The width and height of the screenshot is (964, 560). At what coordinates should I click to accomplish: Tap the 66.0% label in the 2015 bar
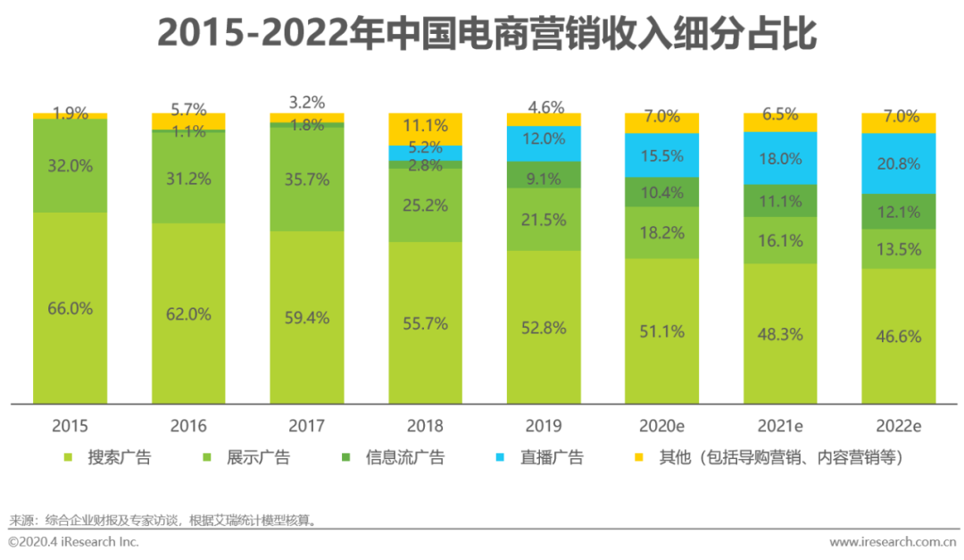click(x=71, y=308)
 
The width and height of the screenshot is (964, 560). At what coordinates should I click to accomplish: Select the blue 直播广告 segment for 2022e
click(x=899, y=163)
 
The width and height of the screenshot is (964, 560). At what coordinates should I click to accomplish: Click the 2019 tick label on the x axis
click(x=544, y=426)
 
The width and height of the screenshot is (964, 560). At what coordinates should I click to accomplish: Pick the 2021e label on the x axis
click(x=780, y=426)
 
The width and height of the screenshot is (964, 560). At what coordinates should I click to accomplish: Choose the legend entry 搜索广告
click(x=119, y=458)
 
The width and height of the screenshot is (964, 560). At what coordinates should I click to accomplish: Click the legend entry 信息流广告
click(x=404, y=458)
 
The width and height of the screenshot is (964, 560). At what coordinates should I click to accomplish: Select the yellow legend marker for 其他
click(x=637, y=458)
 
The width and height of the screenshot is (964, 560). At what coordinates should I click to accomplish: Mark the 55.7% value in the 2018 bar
click(x=426, y=324)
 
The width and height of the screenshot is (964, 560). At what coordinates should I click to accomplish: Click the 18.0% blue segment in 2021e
click(x=780, y=158)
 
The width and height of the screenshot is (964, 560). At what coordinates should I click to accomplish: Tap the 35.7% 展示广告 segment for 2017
click(x=307, y=180)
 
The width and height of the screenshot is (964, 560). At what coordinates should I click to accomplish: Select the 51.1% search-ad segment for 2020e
click(x=662, y=331)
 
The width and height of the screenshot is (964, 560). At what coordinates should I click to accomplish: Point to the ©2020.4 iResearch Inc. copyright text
click(x=73, y=542)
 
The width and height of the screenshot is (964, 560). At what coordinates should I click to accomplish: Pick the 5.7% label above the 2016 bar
click(x=188, y=111)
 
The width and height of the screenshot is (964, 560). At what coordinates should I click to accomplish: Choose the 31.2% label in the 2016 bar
click(x=188, y=179)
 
